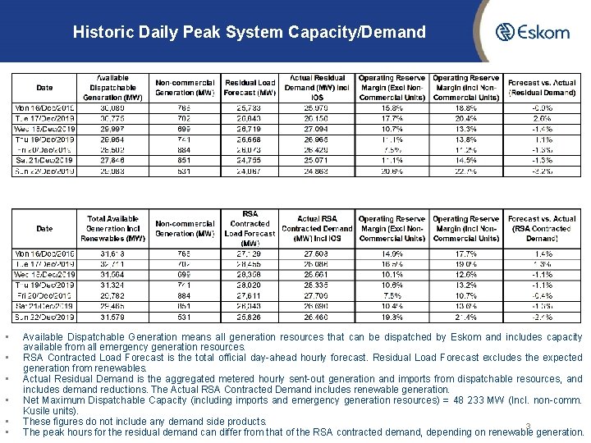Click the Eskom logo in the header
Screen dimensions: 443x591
(x=533, y=33)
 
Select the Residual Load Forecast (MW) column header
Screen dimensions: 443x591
(x=250, y=88)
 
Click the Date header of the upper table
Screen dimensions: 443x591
(x=44, y=88)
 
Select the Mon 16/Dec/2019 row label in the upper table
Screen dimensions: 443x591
(x=44, y=107)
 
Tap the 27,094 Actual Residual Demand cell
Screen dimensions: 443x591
(x=317, y=129)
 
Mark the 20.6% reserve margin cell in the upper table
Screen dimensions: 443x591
(x=392, y=171)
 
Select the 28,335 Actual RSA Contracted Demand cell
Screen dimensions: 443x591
(x=317, y=285)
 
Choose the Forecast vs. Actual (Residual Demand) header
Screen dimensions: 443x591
(x=541, y=88)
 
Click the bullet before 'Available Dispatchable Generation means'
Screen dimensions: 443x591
(x=6, y=337)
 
